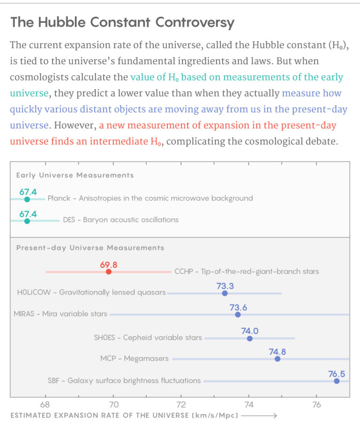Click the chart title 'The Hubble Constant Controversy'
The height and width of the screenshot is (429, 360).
click(122, 22)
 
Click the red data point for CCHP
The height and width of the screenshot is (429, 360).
click(109, 272)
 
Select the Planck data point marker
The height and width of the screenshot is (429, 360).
click(27, 199)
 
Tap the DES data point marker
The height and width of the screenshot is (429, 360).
click(27, 221)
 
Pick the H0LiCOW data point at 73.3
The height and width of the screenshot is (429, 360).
click(225, 293)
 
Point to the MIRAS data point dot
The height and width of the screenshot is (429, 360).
click(238, 314)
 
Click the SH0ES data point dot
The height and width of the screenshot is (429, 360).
click(249, 338)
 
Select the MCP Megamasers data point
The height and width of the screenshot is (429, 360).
click(277, 359)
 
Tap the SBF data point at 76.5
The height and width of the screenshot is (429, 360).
click(337, 381)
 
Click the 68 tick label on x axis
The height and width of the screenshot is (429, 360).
click(45, 404)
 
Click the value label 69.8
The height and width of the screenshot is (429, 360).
click(109, 264)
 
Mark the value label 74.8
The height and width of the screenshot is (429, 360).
click(277, 351)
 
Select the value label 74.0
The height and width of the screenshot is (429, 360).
click(249, 331)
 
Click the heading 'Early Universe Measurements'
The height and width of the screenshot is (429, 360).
click(75, 175)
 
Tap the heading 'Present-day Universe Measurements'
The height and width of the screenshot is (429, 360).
click(90, 247)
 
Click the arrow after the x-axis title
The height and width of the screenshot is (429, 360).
click(260, 415)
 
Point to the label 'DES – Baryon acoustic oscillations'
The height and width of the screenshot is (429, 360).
click(120, 220)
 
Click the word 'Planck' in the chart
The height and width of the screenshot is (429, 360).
click(59, 198)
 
